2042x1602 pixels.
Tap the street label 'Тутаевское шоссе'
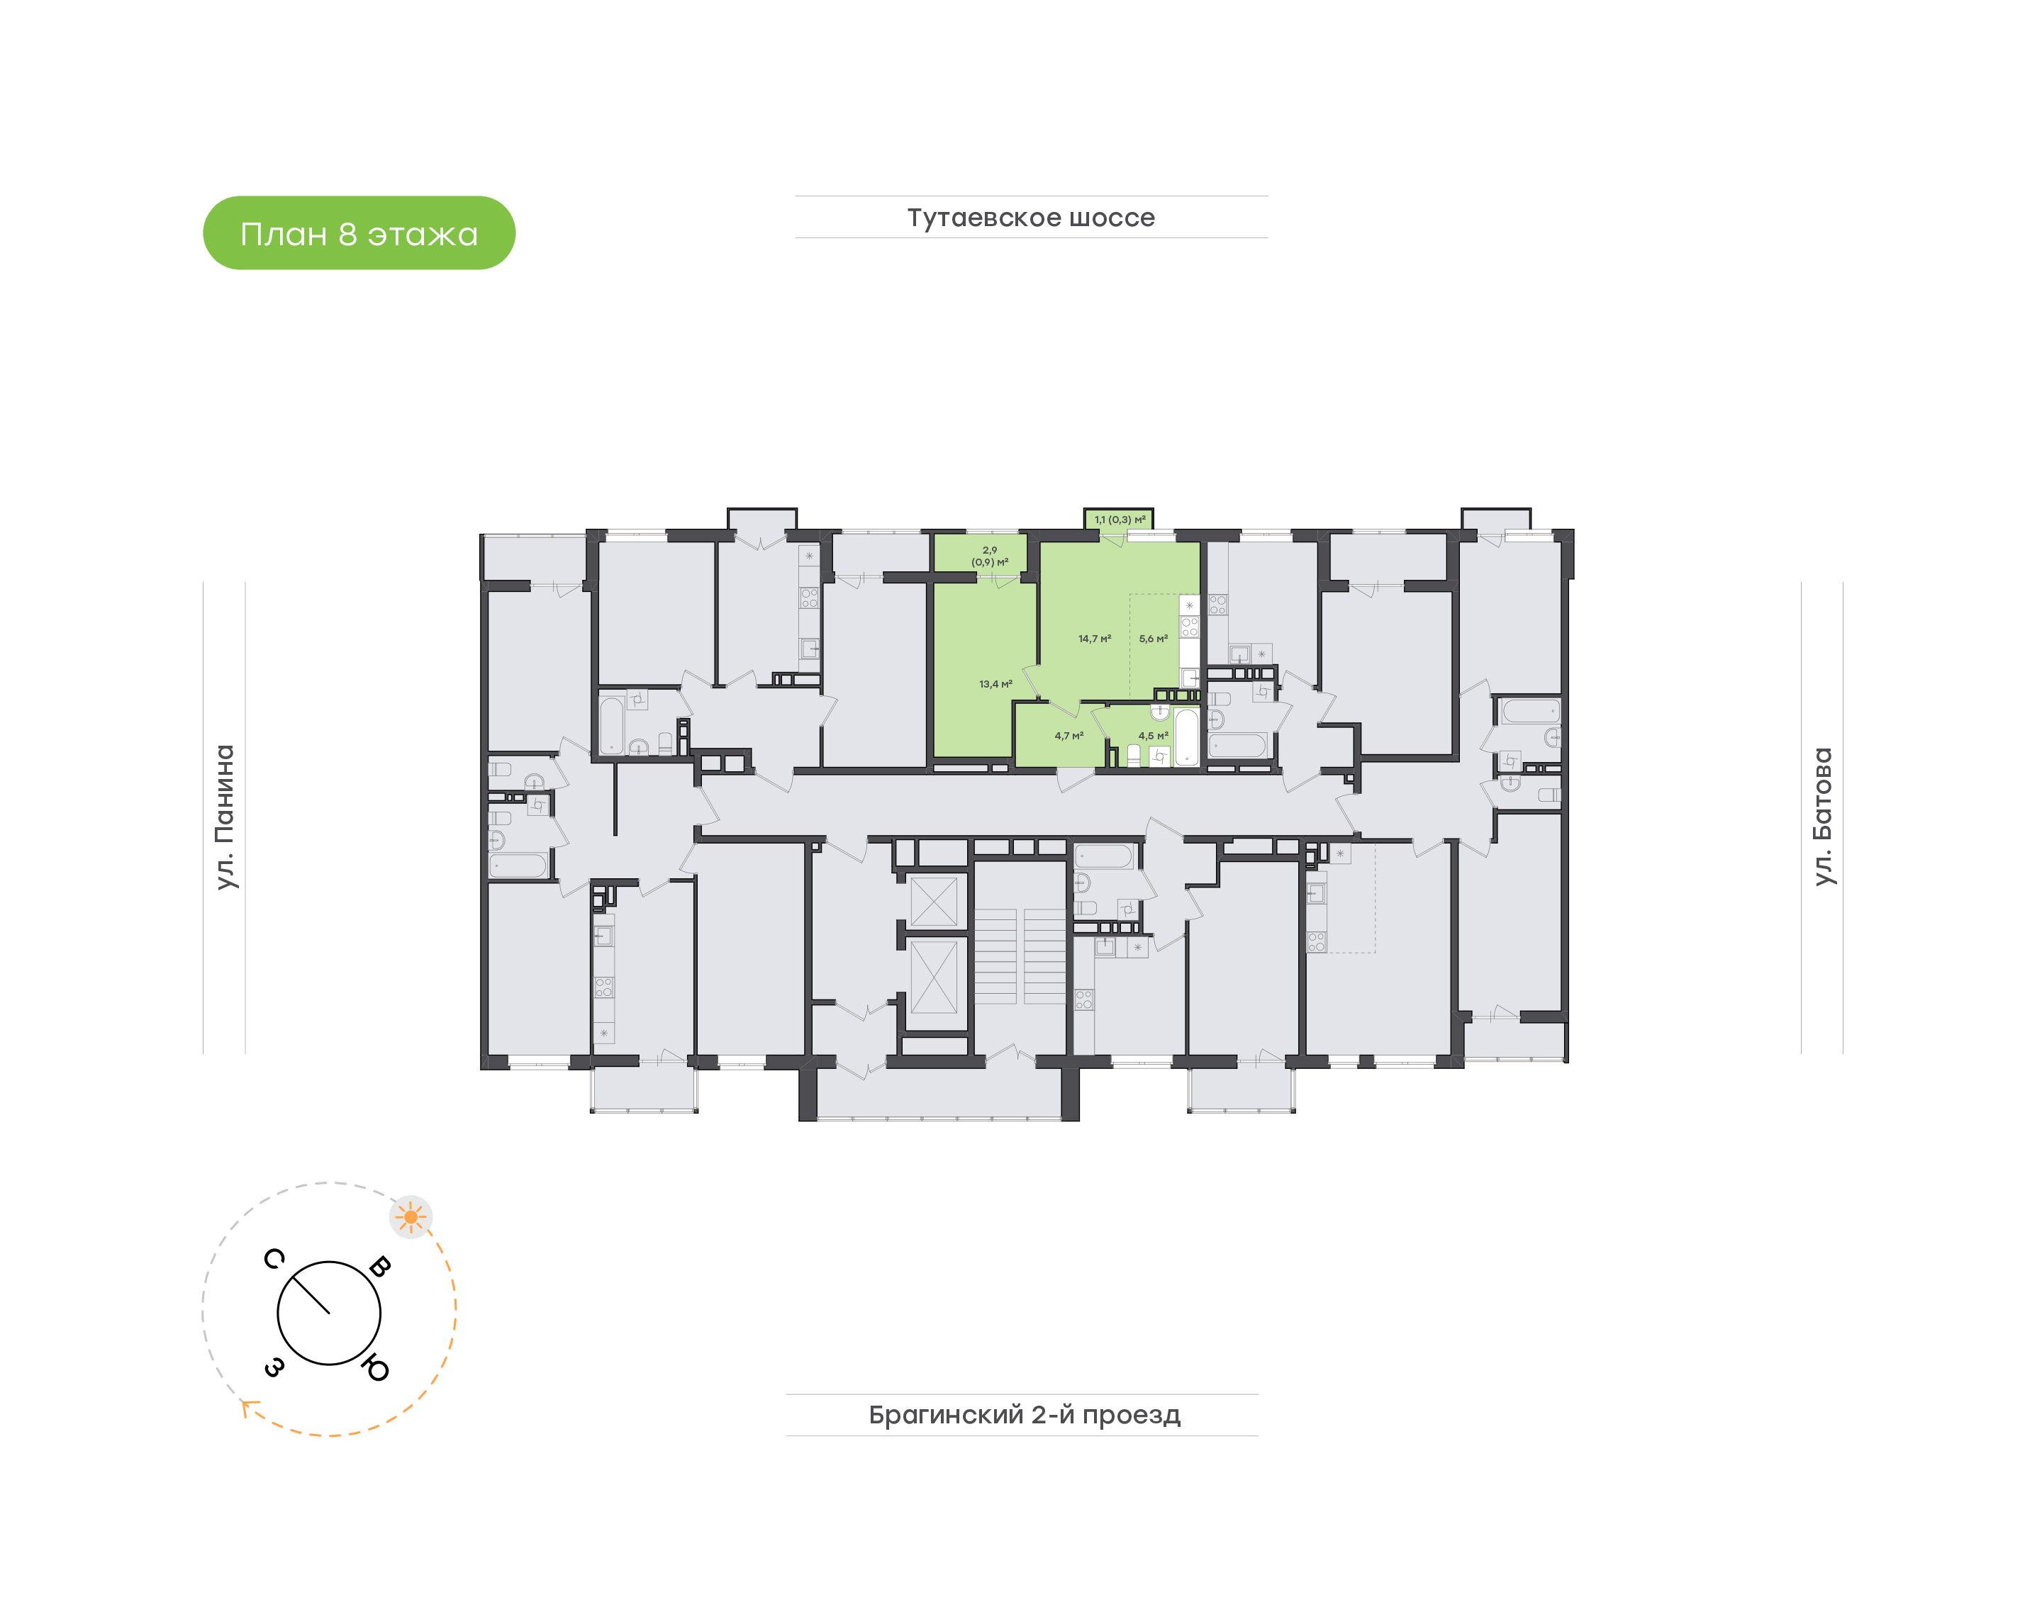click(1031, 218)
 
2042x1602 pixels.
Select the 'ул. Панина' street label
click(225, 817)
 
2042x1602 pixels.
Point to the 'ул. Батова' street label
click(1821, 816)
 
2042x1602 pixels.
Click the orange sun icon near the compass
click(411, 1217)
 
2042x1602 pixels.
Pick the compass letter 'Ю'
click(376, 1369)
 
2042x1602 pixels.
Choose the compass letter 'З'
click(274, 1367)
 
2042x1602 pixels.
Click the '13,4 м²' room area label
click(995, 685)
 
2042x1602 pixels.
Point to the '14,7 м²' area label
click(1095, 639)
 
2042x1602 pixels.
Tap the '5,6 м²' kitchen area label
click(1153, 639)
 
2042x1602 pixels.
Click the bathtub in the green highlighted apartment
click(1186, 737)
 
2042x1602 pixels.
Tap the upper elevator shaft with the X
click(934, 902)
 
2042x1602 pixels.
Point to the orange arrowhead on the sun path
click(247, 1407)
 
